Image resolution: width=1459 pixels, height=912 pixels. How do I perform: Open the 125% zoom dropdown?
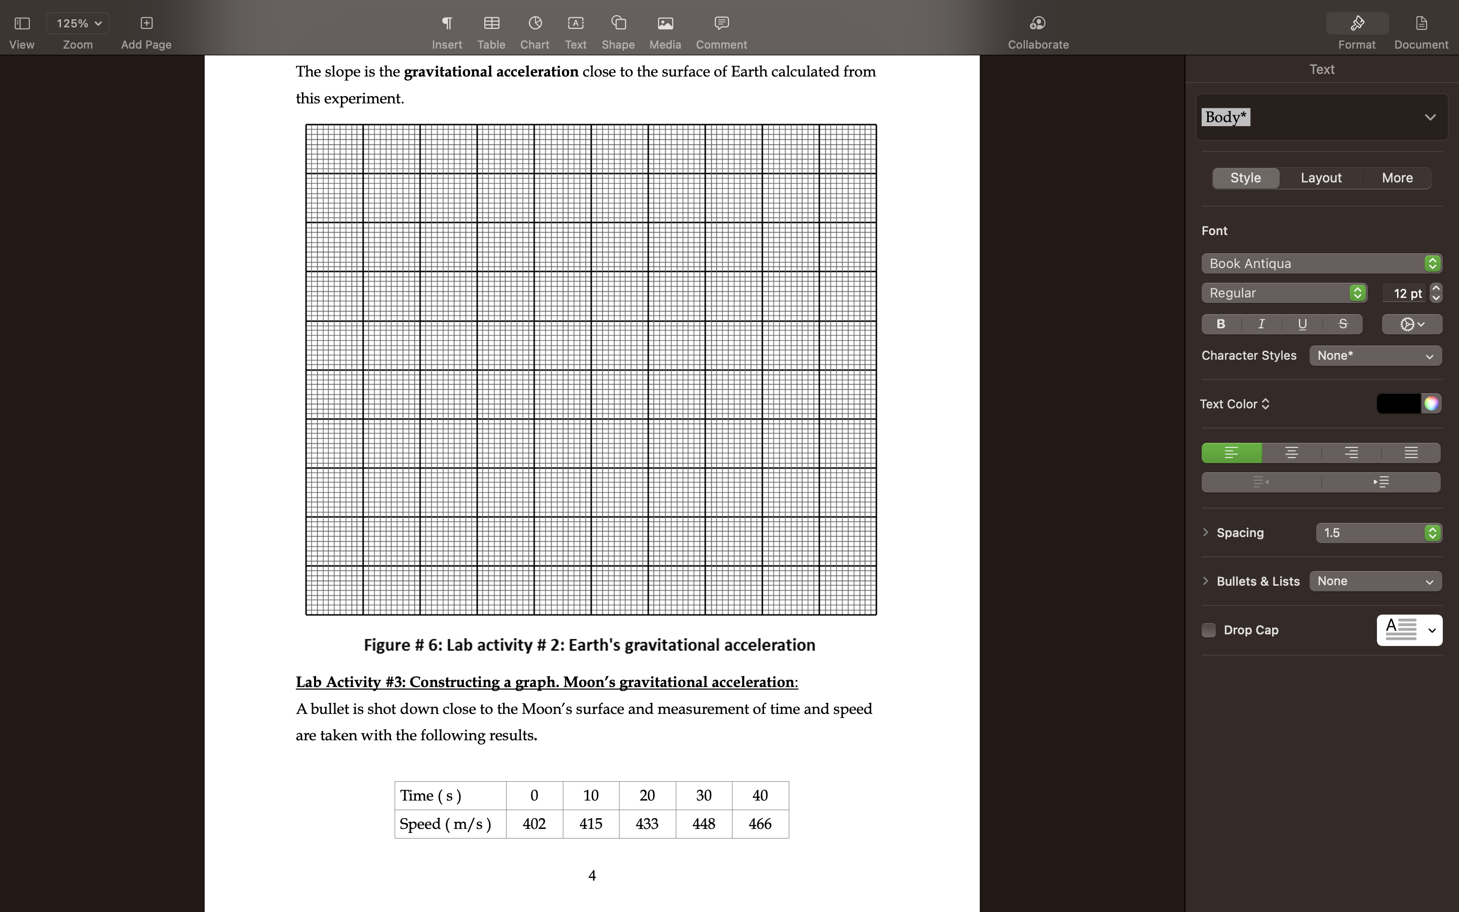tap(78, 23)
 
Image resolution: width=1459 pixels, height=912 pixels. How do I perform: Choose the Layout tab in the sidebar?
tap(1320, 178)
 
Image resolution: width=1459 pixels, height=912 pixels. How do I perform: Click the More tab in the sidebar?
tap(1397, 178)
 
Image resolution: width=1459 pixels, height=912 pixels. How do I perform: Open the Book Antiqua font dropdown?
tap(1320, 263)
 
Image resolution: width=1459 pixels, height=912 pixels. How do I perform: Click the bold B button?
tap(1221, 324)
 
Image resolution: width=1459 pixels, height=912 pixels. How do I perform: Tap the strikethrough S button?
tap(1342, 324)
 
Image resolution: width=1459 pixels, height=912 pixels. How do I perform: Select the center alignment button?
tap(1291, 453)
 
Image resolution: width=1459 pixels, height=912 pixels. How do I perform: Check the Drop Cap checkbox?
tap(1208, 630)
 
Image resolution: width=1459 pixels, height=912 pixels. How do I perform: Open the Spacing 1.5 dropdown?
tap(1378, 533)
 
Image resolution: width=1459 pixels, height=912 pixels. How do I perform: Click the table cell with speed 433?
tap(647, 824)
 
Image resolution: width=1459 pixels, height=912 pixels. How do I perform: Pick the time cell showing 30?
tap(704, 795)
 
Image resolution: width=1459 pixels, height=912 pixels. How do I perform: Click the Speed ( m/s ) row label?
tap(445, 824)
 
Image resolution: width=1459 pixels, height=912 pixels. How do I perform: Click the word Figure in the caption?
tap(387, 645)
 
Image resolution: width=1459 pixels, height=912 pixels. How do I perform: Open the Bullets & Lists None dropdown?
tap(1374, 582)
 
